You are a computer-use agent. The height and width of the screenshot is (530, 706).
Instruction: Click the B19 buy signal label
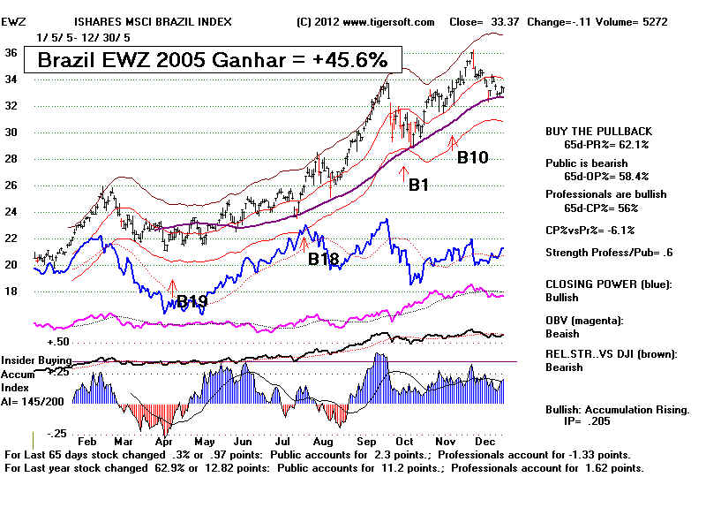(192, 302)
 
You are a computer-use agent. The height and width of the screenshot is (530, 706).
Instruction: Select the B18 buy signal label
(323, 259)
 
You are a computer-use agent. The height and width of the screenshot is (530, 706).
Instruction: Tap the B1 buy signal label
(417, 185)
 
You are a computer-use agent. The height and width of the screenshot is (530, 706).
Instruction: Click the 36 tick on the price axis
(10, 52)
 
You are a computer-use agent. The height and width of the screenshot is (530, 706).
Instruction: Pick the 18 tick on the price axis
(10, 291)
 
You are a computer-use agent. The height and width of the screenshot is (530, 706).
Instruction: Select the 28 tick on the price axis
(10, 159)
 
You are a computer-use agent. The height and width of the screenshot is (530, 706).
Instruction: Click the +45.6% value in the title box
(351, 60)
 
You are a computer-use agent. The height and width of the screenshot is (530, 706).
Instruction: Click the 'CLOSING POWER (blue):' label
(607, 284)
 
